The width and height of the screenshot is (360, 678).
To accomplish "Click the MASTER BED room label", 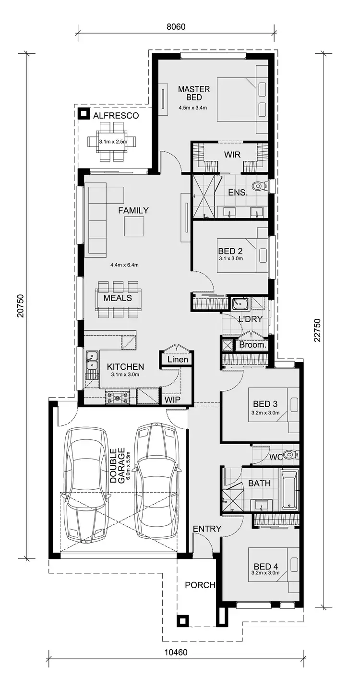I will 194,93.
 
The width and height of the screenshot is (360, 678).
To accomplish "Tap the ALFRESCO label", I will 116,116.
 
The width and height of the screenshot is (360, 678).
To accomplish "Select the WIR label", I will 232,155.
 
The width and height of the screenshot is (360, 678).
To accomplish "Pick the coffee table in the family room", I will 134,226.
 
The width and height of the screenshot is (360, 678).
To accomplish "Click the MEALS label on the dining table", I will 118,298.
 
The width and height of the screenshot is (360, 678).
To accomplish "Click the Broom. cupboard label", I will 252,345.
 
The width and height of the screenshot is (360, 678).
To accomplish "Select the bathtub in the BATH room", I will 289,490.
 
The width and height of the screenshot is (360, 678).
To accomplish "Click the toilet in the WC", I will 289,454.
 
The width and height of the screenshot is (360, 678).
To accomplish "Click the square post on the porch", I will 182,620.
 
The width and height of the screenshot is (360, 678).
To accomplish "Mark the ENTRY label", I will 207,529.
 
